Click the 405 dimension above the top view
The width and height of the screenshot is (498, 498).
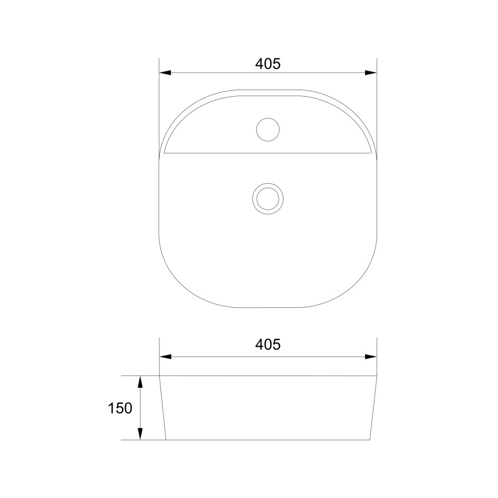pos(268,64)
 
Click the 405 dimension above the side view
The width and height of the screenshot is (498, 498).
pos(268,344)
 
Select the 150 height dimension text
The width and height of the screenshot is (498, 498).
pos(120,408)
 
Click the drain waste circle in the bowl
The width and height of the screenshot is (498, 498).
pos(268,184)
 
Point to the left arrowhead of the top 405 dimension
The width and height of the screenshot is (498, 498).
pos(165,73)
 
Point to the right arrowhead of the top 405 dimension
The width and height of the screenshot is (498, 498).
pos(371,73)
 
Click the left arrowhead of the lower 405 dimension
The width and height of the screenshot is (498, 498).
pos(165,357)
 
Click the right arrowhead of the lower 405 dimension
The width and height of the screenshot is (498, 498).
pos(371,357)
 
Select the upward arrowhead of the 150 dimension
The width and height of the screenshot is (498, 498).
pos(140,382)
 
